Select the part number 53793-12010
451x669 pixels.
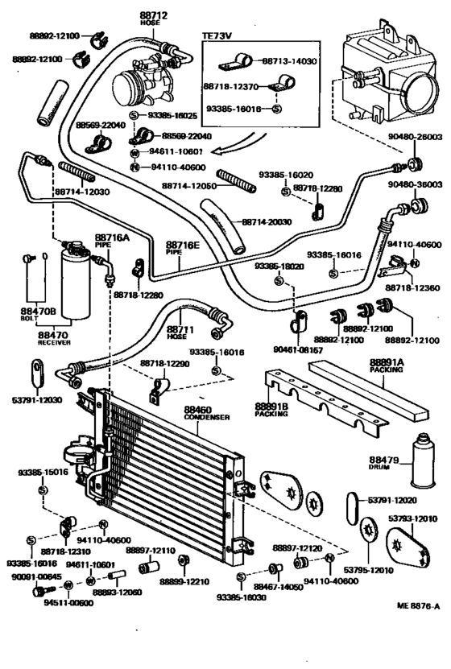click(x=412, y=518)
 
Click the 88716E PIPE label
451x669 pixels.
click(x=182, y=246)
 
